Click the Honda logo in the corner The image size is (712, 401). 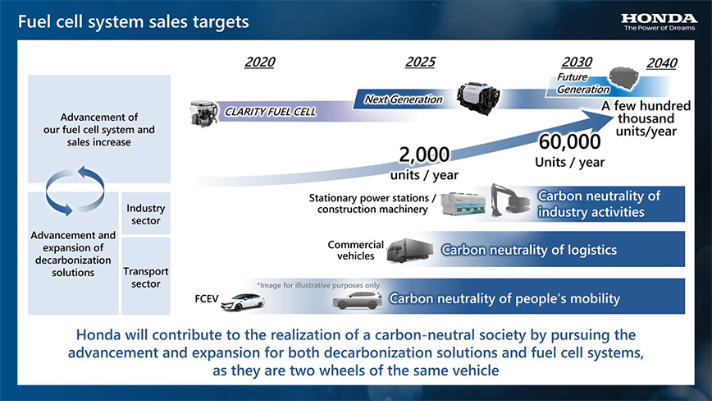click(659, 21)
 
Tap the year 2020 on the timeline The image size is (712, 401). click(260, 62)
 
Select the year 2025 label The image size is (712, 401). click(420, 62)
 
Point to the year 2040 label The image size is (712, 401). click(662, 63)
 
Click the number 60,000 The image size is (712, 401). click(569, 142)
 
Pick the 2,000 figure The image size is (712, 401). click(425, 154)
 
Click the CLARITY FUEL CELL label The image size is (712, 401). click(270, 112)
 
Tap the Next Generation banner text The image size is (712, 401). click(404, 99)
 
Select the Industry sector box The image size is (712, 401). click(146, 214)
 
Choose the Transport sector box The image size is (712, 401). click(146, 276)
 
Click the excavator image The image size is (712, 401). click(509, 200)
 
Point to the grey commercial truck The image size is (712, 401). click(409, 250)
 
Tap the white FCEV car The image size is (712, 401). click(243, 302)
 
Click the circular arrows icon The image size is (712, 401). click(75, 191)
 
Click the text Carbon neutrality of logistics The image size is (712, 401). click(529, 250)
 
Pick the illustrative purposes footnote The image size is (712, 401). click(319, 285)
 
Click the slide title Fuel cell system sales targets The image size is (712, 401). click(134, 22)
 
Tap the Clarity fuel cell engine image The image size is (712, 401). click(204, 113)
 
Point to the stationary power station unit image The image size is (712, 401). click(463, 203)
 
